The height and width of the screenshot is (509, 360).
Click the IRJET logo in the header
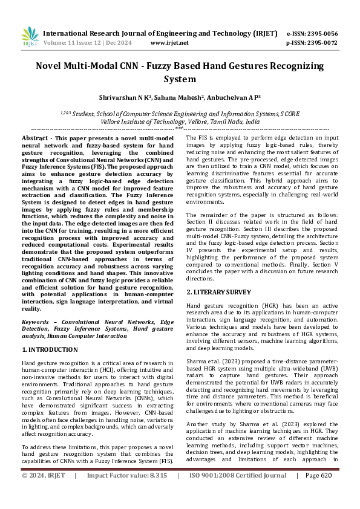[x=30, y=37]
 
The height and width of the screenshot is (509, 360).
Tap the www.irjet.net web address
[x=169, y=43]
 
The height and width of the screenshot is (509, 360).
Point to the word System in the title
[x=180, y=79]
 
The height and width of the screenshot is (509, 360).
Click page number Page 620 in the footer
[x=319, y=493]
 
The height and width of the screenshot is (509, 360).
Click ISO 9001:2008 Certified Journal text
[x=238, y=493]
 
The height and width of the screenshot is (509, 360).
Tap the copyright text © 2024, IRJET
[x=44, y=493]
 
